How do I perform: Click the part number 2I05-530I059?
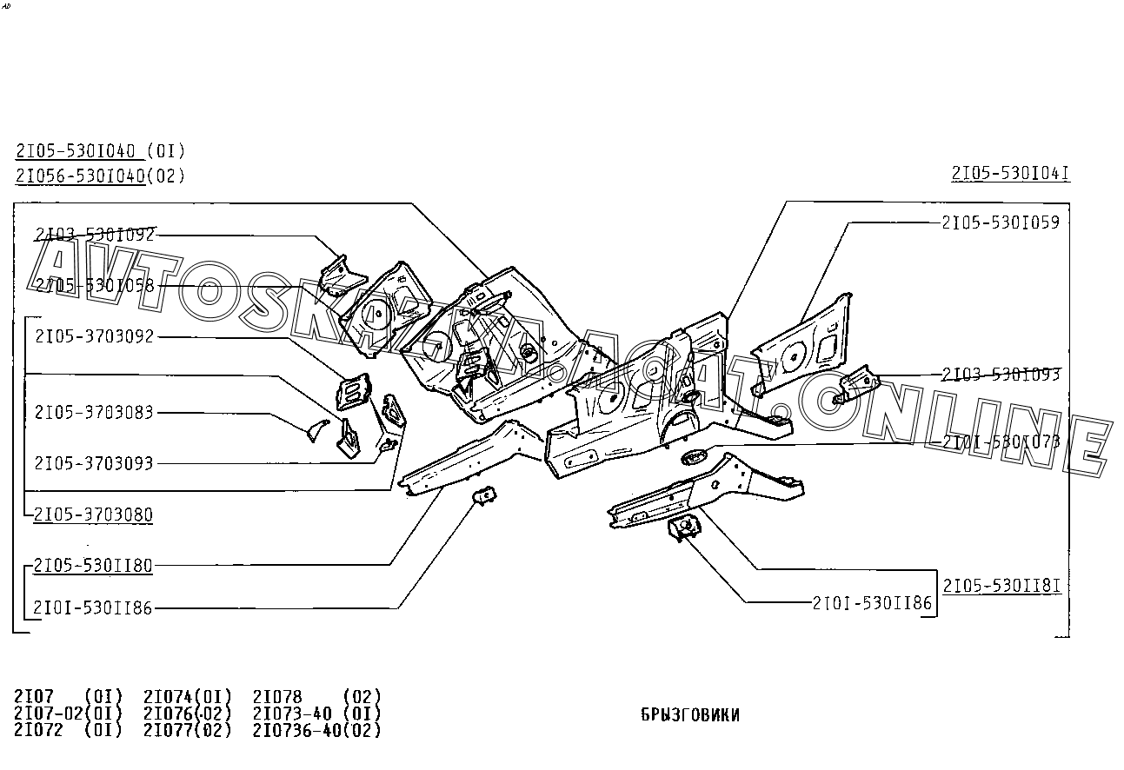tap(1001, 222)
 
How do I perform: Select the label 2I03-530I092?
tap(95, 234)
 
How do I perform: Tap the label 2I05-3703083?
tap(94, 412)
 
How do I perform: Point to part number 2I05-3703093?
tap(94, 463)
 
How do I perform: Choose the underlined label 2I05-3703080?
tap(94, 515)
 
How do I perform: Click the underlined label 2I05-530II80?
tap(94, 566)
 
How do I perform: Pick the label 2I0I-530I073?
tap(1001, 442)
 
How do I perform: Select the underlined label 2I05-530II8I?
tap(1001, 585)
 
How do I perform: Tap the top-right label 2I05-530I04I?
tap(1010, 174)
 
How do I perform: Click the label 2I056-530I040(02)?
tap(100, 176)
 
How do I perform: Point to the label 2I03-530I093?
tap(1001, 375)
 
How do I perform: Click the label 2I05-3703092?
tap(94, 337)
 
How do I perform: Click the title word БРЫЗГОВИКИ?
tap(690, 715)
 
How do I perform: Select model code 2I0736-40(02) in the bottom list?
tap(316, 731)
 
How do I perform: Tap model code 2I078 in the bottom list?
tap(277, 697)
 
